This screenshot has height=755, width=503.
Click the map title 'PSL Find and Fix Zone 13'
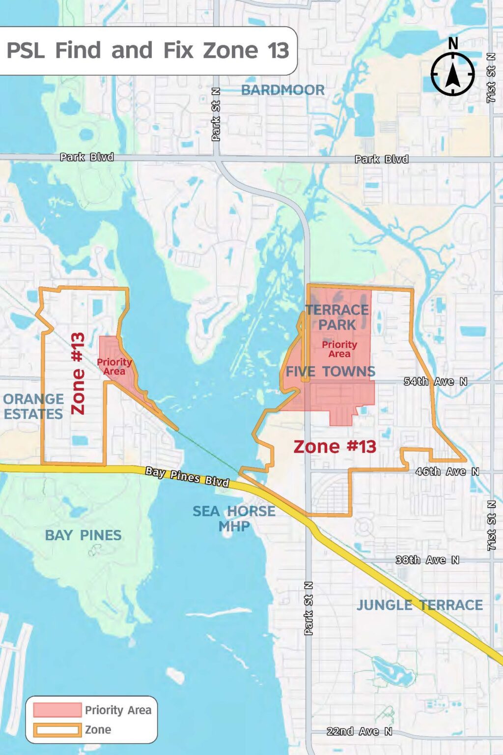pyautogui.click(x=147, y=50)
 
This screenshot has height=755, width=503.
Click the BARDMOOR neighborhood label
pyautogui.click(x=283, y=90)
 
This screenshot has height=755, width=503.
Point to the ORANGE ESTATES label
pyautogui.click(x=33, y=407)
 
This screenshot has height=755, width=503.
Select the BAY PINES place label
pyautogui.click(x=83, y=535)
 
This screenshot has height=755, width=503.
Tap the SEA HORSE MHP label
pyautogui.click(x=234, y=519)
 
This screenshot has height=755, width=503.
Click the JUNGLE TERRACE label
pyautogui.click(x=419, y=605)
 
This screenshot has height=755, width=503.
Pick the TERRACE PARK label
pyautogui.click(x=337, y=317)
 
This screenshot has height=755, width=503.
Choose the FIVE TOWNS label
pyautogui.click(x=331, y=372)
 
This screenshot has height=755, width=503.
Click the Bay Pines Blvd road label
pyautogui.click(x=187, y=477)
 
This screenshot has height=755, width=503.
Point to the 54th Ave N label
pyautogui.click(x=435, y=381)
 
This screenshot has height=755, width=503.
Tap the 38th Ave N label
pyautogui.click(x=427, y=560)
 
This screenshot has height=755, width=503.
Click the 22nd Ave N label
pyautogui.click(x=360, y=731)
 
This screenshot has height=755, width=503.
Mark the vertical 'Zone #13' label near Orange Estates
pyautogui.click(x=78, y=374)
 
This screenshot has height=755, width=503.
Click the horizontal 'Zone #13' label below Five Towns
pyautogui.click(x=335, y=446)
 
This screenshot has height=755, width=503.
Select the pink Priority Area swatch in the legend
pyautogui.click(x=57, y=710)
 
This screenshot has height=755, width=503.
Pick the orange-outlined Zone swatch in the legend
pyautogui.click(x=57, y=730)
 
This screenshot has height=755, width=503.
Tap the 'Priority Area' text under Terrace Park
pyautogui.click(x=339, y=349)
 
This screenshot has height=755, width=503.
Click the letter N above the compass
pyautogui.click(x=453, y=44)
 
